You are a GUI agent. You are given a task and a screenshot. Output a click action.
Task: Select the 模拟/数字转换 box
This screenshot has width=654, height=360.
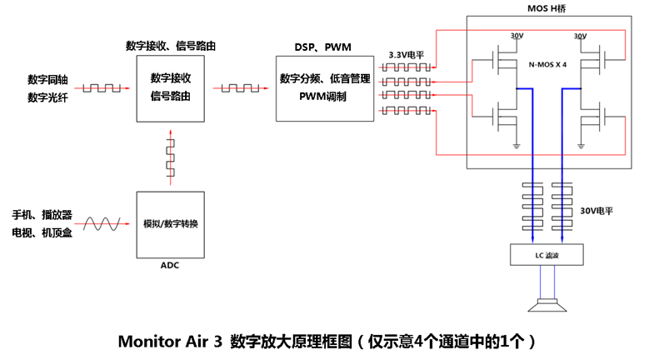click(x=170, y=223)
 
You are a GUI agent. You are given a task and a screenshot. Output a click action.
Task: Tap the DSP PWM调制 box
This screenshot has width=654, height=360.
click(x=324, y=87)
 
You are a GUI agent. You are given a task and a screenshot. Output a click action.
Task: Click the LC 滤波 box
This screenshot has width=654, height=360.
click(x=547, y=254)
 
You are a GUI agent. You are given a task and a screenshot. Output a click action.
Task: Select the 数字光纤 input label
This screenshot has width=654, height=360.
click(x=47, y=97)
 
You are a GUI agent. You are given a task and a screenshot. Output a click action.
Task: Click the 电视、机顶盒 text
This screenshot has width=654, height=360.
click(x=42, y=233)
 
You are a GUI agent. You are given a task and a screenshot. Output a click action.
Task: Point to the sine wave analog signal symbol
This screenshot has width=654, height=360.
click(x=102, y=223)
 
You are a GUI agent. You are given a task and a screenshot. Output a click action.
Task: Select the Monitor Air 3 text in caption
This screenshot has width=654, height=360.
click(x=170, y=342)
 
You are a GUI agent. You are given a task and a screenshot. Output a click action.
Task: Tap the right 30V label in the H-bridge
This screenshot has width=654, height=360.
click(x=581, y=37)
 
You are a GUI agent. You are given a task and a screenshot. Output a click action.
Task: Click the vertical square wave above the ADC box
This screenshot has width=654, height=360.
click(x=170, y=158)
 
